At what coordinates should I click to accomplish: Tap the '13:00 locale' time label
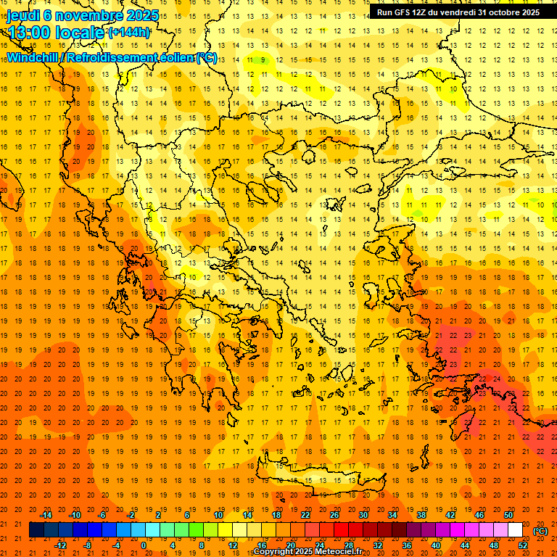(55, 33)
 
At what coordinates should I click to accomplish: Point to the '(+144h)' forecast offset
(129, 33)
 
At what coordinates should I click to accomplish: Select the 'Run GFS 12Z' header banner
(458, 12)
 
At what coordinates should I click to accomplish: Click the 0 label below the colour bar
(143, 545)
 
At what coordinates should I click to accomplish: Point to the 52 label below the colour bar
(522, 545)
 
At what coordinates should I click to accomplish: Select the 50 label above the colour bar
(508, 516)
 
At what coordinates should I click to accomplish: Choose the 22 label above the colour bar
(305, 516)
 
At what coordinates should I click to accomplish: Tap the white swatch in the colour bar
(515, 530)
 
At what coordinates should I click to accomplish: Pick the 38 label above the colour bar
(421, 516)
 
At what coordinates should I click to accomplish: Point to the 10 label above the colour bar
(218, 516)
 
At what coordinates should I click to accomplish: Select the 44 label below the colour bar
(464, 545)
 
